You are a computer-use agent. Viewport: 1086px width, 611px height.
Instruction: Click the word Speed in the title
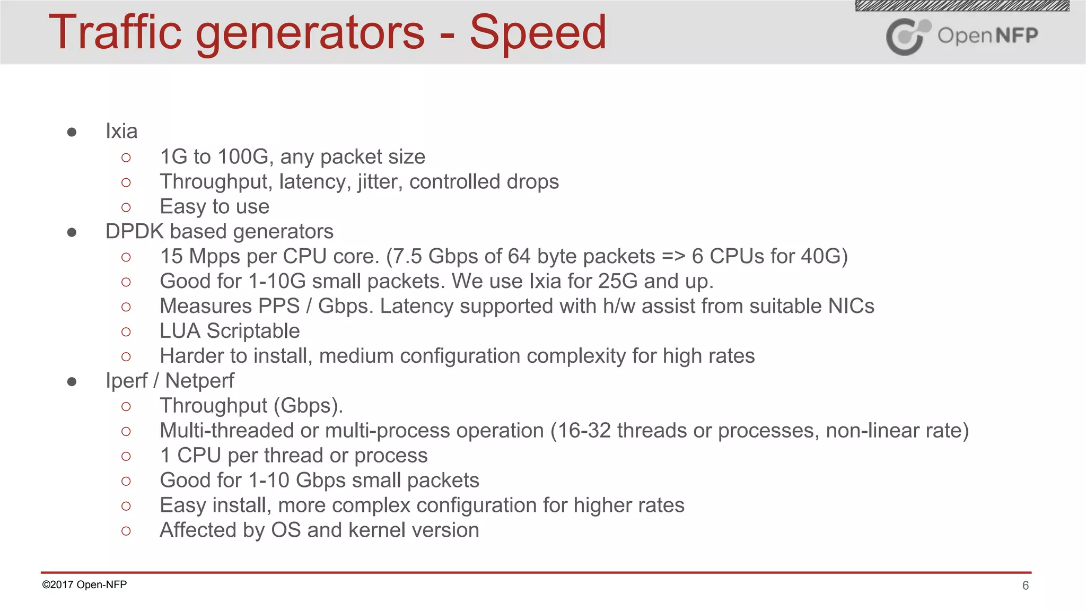(x=538, y=33)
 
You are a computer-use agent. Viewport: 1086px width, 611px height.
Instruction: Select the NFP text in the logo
(x=1017, y=36)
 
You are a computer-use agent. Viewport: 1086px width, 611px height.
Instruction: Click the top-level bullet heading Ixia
(x=121, y=131)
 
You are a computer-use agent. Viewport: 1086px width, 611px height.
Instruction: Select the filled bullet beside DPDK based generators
(x=72, y=232)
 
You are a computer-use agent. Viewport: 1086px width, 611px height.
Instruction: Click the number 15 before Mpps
(x=171, y=256)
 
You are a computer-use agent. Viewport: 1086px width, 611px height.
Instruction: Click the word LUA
(x=180, y=331)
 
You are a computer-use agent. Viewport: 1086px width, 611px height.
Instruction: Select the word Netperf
(x=199, y=381)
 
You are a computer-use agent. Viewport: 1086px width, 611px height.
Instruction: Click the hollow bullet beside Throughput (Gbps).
(x=126, y=407)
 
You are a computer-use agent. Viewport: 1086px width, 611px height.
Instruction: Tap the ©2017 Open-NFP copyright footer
(x=84, y=584)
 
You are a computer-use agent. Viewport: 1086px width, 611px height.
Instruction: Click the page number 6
(x=1025, y=586)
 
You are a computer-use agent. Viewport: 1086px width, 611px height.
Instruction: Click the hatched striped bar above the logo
(x=962, y=6)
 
